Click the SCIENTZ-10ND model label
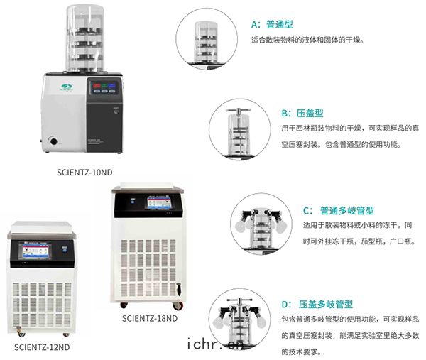coord(84,173)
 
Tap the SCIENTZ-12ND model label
coord(42,347)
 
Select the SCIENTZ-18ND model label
coord(150,318)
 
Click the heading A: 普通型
coord(272,24)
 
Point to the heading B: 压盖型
coord(302,113)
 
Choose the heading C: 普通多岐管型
coord(339,211)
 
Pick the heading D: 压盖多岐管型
coord(317,305)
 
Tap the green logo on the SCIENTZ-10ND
coord(66,87)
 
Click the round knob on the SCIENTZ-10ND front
coord(53,141)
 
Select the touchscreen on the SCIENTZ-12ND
coord(35,251)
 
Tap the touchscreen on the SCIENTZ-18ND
coord(159,202)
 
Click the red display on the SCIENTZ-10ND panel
coord(97,86)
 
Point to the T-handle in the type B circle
coord(239,111)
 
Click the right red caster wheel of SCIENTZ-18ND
coord(177,306)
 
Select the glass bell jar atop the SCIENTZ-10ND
coord(85,38)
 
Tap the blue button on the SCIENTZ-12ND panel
coord(65,249)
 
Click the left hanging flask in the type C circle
coord(239,226)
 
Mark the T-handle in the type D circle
coord(240,300)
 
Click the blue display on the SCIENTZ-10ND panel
coord(111,86)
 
